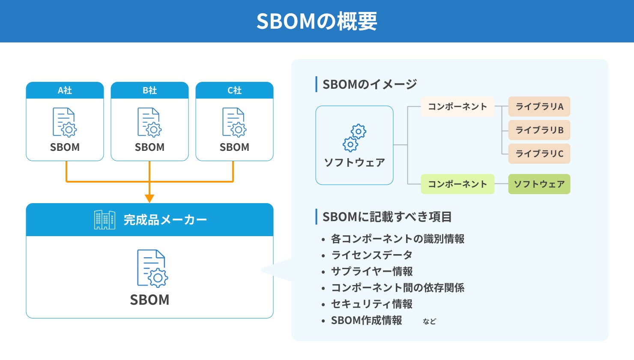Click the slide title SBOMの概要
317,21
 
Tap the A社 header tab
65,90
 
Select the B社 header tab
150,90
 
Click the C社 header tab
234,90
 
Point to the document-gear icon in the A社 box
65,122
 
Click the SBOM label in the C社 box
234,147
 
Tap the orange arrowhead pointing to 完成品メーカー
149,198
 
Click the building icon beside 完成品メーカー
105,220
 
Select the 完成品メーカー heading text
165,220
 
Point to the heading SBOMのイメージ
369,84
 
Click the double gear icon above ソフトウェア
354,138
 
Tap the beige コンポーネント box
457,107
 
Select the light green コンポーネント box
457,184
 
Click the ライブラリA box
539,107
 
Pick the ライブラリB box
539,130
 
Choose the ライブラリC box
539,153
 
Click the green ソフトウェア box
539,184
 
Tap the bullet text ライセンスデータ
371,255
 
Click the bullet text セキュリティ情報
371,304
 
